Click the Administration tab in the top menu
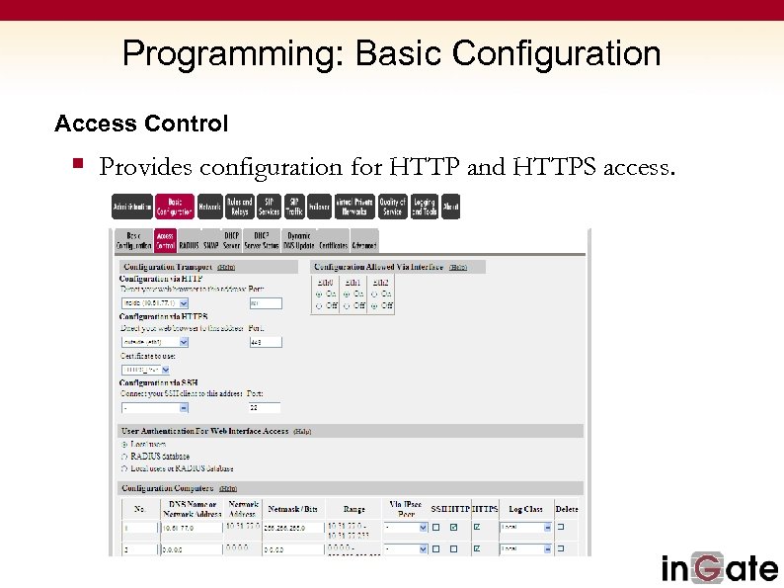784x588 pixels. pos(132,207)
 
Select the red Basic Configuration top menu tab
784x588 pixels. pos(174,207)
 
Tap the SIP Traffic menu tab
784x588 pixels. pos(294,207)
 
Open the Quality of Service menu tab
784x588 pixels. pos(392,207)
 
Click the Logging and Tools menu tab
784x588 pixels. pos(424,207)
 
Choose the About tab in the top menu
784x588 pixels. pos(450,207)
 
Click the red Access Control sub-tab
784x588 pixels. pos(165,240)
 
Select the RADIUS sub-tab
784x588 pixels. pos(189,244)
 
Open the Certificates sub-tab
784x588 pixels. pos(333,244)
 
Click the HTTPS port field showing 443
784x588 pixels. pos(265,342)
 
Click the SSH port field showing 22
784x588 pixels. pos(265,407)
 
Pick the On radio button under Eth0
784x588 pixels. pos(318,294)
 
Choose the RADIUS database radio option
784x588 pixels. pos(124,457)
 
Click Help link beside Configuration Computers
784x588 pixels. pos(228,488)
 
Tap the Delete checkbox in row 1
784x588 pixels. pos(561,527)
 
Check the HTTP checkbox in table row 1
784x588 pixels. pos(453,527)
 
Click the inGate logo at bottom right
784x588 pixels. pos(720,568)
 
